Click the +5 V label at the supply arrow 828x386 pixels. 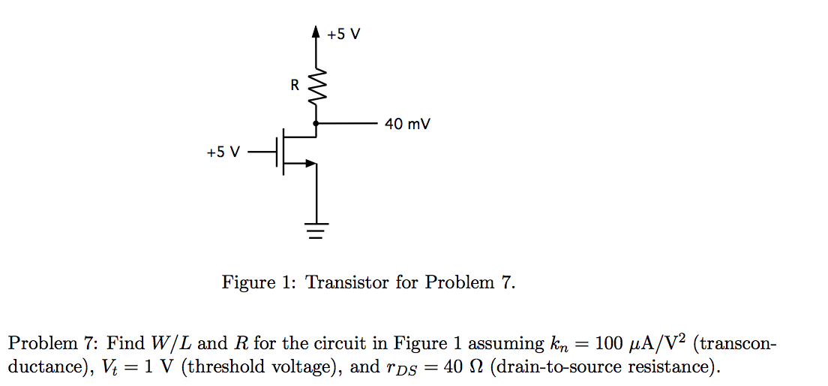click(x=343, y=35)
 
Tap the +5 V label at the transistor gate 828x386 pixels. click(x=223, y=152)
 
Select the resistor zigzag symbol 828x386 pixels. click(x=316, y=87)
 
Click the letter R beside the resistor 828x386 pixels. click(x=295, y=86)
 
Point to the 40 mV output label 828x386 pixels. click(x=407, y=123)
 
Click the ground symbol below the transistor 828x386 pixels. click(x=316, y=230)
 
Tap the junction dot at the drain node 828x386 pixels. click(x=316, y=122)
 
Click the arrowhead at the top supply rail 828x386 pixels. click(x=316, y=32)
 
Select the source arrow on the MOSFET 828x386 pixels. click(x=309, y=162)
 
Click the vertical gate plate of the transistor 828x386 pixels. click(x=278, y=152)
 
